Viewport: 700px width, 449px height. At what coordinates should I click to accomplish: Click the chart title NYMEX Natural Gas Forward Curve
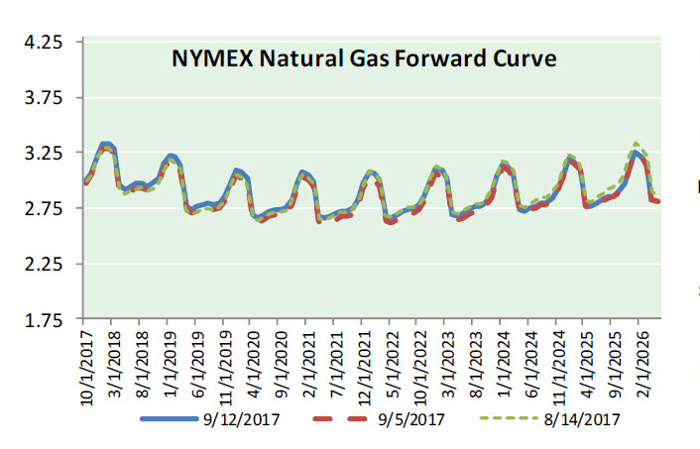coord(364,58)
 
